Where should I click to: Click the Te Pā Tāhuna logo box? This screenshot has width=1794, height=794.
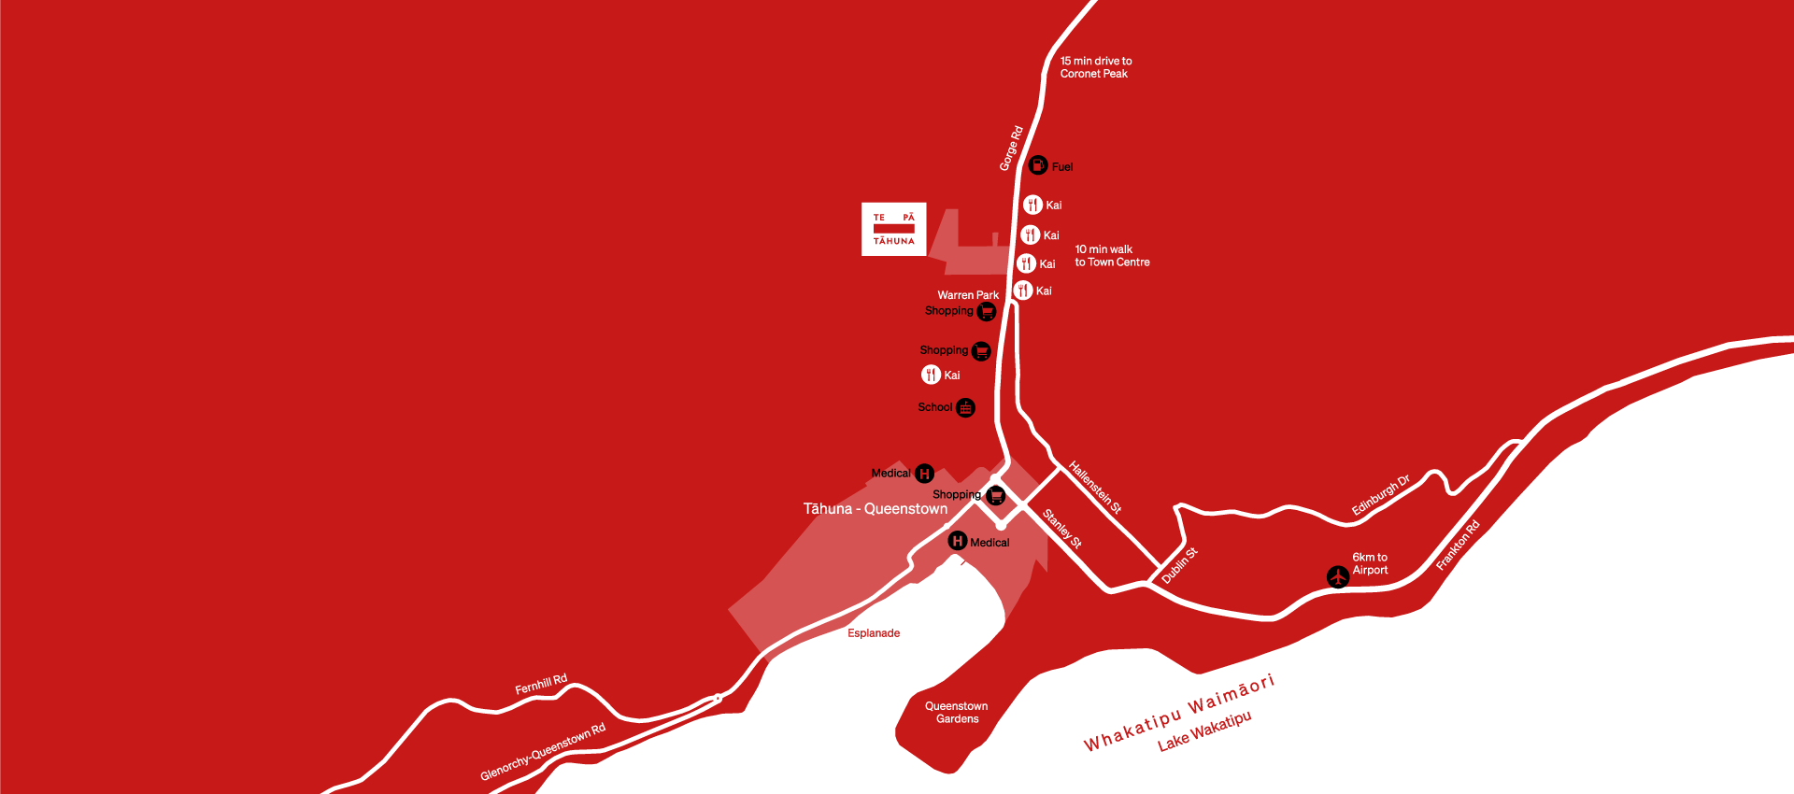pyautogui.click(x=893, y=229)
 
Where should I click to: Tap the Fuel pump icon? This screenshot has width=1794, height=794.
pyautogui.click(x=1038, y=165)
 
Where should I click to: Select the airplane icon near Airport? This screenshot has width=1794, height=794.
pyautogui.click(x=1338, y=577)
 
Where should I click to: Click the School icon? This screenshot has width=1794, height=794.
pyautogui.click(x=965, y=407)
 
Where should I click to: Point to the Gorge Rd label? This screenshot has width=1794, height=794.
pyautogui.click(x=1011, y=149)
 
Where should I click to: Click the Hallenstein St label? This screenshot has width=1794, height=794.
pyautogui.click(x=1095, y=488)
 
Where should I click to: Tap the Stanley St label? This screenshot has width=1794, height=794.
pyautogui.click(x=1062, y=529)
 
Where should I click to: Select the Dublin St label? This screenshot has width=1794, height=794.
pyautogui.click(x=1179, y=566)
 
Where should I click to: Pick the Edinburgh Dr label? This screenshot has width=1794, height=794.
pyautogui.click(x=1380, y=495)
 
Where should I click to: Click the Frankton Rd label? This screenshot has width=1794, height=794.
pyautogui.click(x=1458, y=546)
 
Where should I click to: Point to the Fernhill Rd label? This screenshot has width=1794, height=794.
pyautogui.click(x=541, y=685)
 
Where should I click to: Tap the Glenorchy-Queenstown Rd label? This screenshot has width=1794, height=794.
pyautogui.click(x=543, y=751)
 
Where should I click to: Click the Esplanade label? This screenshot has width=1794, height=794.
pyautogui.click(x=874, y=633)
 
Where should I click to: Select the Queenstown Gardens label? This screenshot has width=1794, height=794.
pyautogui.click(x=957, y=713)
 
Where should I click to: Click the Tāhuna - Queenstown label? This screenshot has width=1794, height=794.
pyautogui.click(x=876, y=509)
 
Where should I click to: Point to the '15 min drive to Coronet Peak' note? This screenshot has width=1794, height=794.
pyautogui.click(x=1095, y=67)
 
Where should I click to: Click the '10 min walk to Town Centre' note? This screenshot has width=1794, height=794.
pyautogui.click(x=1112, y=256)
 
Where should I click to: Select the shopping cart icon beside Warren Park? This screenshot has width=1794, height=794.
pyautogui.click(x=987, y=311)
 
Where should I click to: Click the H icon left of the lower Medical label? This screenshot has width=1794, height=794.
pyautogui.click(x=957, y=541)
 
